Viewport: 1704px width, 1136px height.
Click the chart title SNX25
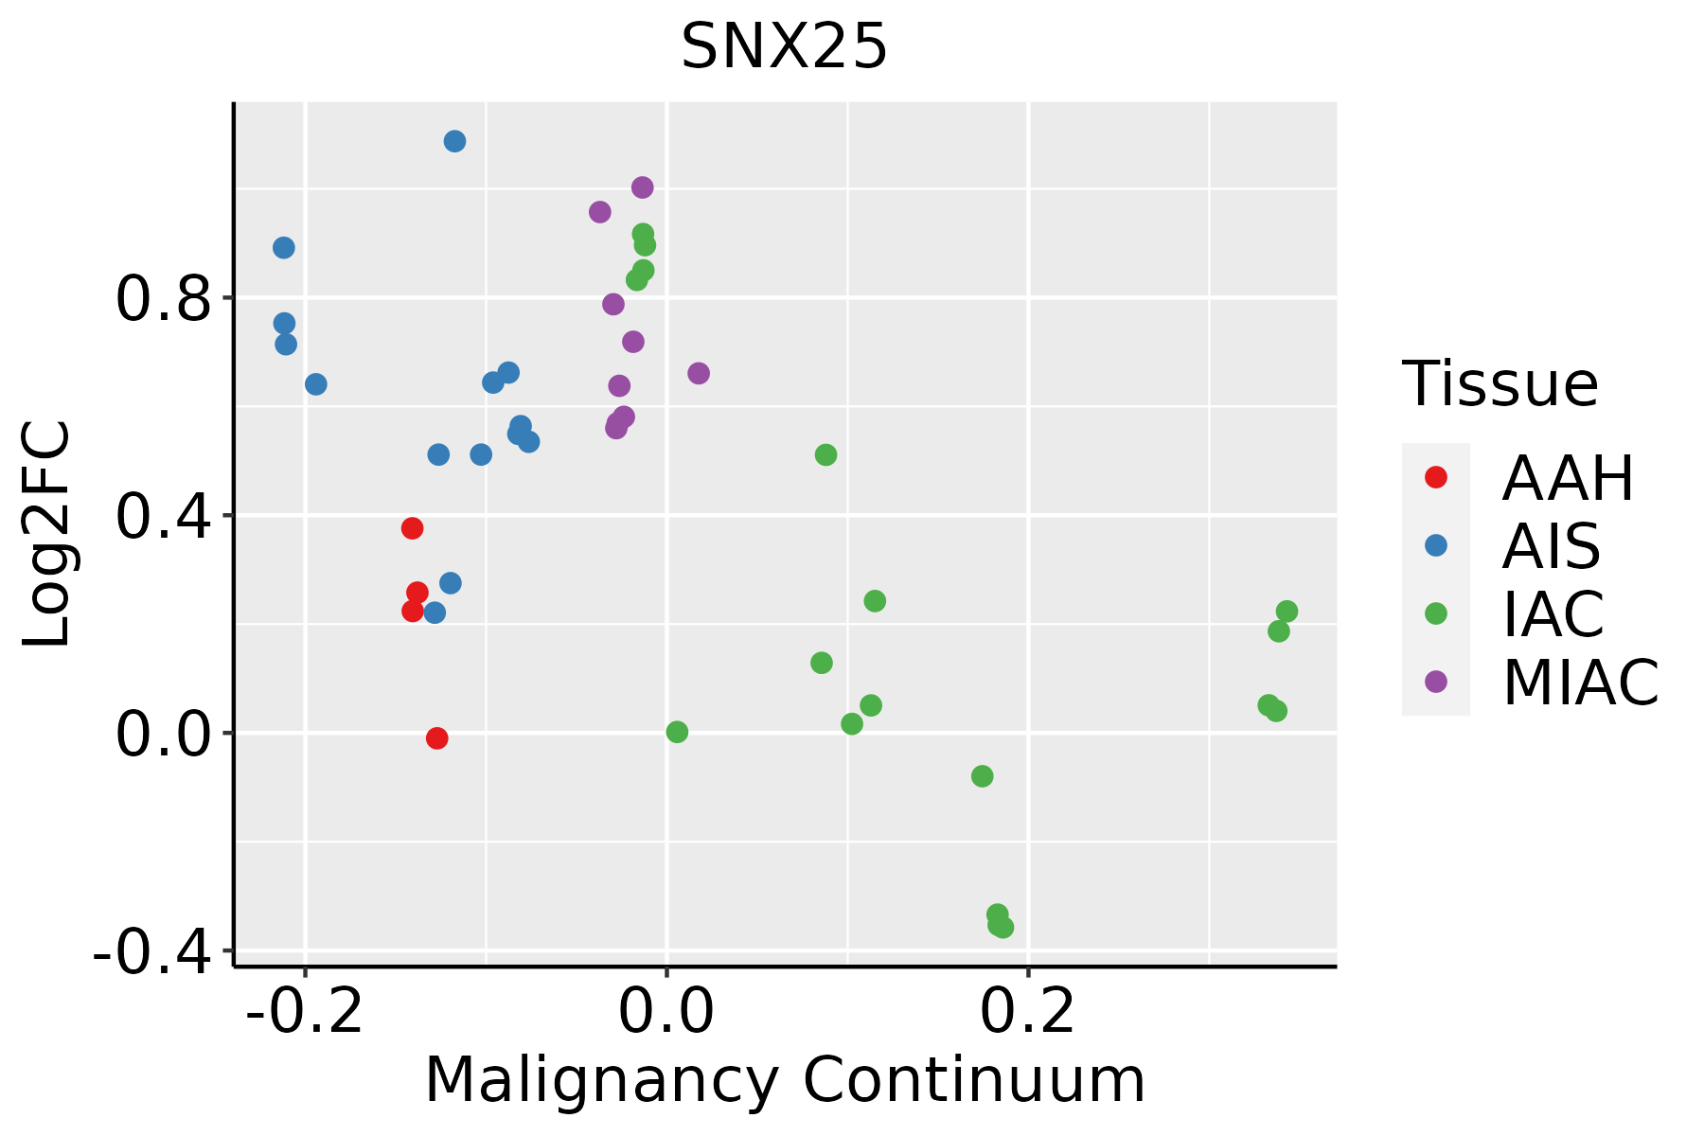point(784,46)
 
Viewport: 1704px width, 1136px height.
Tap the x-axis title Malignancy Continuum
point(785,1080)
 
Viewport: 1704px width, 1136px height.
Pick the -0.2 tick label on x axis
point(304,1012)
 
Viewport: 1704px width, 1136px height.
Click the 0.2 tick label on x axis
point(1028,1012)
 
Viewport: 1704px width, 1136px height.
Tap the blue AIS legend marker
point(1436,545)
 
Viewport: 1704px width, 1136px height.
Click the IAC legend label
point(1553,614)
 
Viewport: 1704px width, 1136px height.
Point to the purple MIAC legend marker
point(1436,682)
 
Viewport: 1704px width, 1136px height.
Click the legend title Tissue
point(1500,384)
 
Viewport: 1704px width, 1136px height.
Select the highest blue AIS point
point(454,141)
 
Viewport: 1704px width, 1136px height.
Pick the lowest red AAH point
point(436,737)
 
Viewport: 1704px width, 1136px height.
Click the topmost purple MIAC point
point(642,187)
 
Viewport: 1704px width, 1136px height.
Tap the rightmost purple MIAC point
point(698,373)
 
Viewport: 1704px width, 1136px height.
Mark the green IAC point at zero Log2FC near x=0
point(676,732)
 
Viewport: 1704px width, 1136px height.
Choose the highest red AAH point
point(412,528)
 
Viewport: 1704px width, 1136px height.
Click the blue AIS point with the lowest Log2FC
point(435,612)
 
